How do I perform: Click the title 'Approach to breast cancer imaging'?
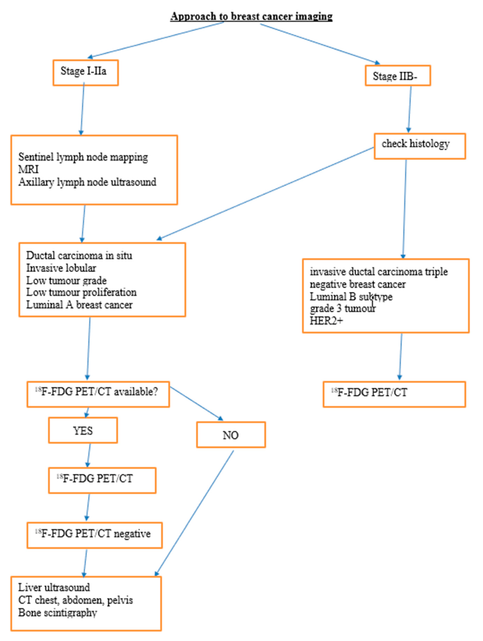pos(251,16)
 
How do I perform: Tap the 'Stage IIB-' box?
pos(398,76)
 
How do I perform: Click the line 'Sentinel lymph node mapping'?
pos(83,157)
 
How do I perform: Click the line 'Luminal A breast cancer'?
pos(79,305)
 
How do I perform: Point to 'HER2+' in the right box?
pos(326,321)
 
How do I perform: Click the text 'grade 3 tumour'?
pos(342,309)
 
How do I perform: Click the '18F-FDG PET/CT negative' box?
pos(95,535)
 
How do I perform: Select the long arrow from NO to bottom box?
pos(194,513)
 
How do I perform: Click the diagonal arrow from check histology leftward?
pos(265,194)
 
